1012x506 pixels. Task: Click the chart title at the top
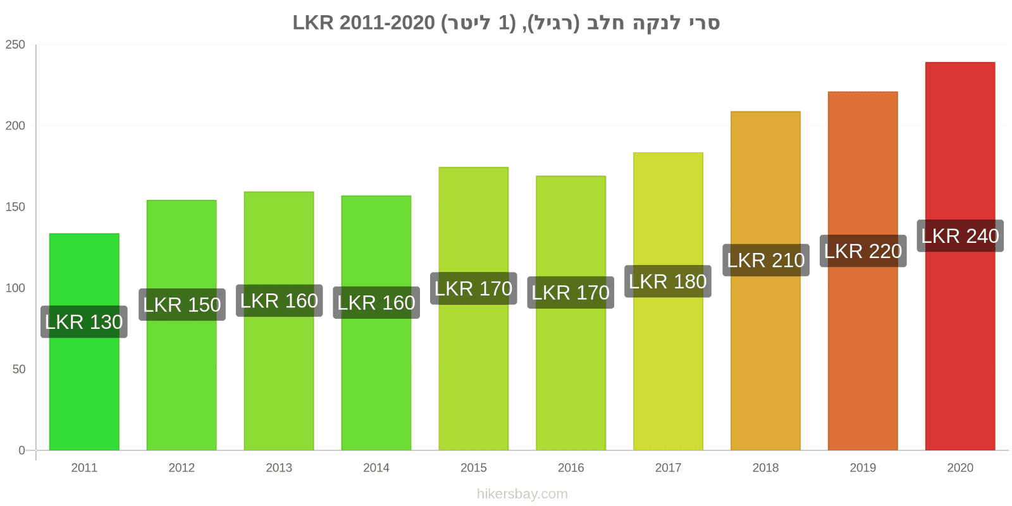(x=506, y=23)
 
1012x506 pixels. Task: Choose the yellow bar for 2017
(x=668, y=367)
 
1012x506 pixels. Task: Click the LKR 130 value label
(x=84, y=322)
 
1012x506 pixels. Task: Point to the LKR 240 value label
(x=960, y=236)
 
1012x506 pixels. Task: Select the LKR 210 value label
(x=765, y=260)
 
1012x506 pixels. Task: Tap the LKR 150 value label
(x=182, y=305)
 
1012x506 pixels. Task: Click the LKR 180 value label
(x=668, y=281)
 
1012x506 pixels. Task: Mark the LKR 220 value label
(x=863, y=251)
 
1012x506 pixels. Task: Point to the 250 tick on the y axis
(x=15, y=45)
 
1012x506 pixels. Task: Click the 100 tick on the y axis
(x=15, y=288)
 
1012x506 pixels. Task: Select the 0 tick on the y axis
(x=22, y=450)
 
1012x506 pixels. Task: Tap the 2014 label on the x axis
(x=376, y=468)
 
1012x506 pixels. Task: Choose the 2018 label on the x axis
(x=765, y=468)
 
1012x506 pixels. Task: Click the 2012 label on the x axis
(x=182, y=468)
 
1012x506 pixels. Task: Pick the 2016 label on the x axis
(x=571, y=468)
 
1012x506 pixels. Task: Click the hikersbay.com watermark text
(x=522, y=494)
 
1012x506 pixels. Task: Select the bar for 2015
(x=474, y=379)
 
